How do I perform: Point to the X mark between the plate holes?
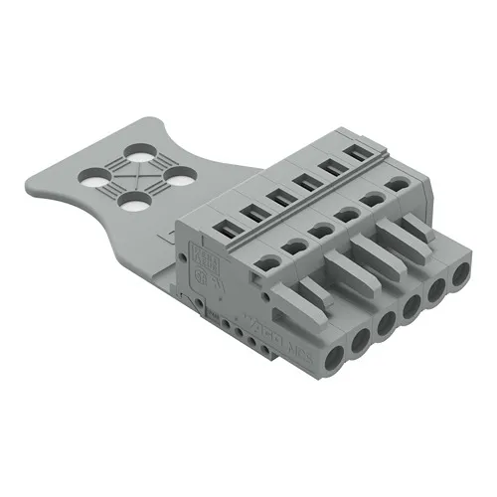coord(129,179)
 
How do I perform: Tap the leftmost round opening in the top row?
coord(267,261)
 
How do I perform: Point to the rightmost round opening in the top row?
coord(399,183)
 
